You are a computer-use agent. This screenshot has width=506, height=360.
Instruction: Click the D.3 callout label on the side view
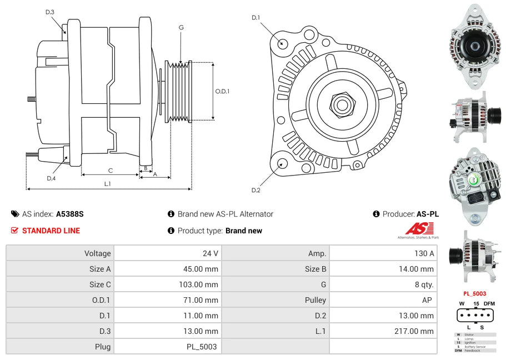(50, 12)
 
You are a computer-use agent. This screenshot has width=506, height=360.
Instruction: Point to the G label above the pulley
(181, 27)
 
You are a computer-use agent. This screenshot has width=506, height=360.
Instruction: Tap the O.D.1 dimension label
(222, 91)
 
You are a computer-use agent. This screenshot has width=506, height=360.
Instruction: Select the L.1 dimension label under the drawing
(108, 184)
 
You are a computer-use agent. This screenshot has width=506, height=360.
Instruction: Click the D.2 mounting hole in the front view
(282, 163)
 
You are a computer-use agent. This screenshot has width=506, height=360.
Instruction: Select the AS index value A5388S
(69, 214)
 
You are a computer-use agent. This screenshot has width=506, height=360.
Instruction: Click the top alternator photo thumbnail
(474, 47)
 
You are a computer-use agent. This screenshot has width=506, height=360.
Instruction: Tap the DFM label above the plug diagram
(489, 303)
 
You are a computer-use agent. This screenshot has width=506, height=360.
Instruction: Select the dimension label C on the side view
(110, 171)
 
